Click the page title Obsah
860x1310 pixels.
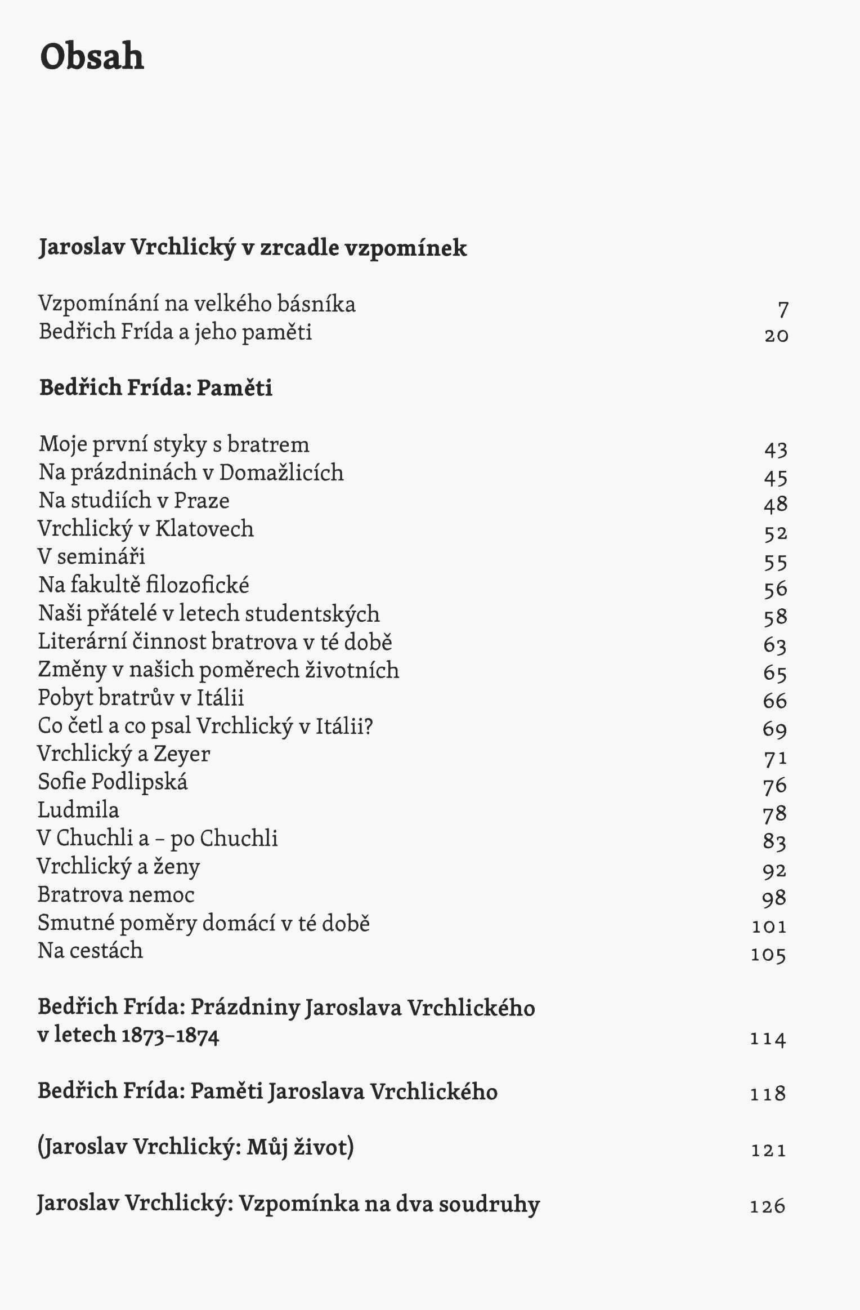pos(92,57)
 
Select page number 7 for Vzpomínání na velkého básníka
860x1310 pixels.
pos(783,309)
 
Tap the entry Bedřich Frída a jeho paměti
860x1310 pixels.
pos(175,332)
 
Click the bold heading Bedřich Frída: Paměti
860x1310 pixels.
pos(156,388)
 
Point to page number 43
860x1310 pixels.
pos(776,449)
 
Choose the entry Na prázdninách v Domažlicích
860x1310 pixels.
pos(191,473)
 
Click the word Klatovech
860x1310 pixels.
pos(204,529)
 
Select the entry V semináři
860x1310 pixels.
pos(91,556)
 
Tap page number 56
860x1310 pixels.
pos(776,590)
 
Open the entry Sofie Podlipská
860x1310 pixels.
pos(113,782)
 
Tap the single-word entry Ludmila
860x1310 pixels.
pos(78,810)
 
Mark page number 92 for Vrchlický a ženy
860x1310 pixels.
pos(774,871)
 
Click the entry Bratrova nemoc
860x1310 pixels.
pos(116,895)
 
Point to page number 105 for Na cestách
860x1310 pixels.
pos(768,955)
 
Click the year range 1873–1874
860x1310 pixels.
pos(170,1035)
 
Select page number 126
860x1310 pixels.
pos(768,1206)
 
